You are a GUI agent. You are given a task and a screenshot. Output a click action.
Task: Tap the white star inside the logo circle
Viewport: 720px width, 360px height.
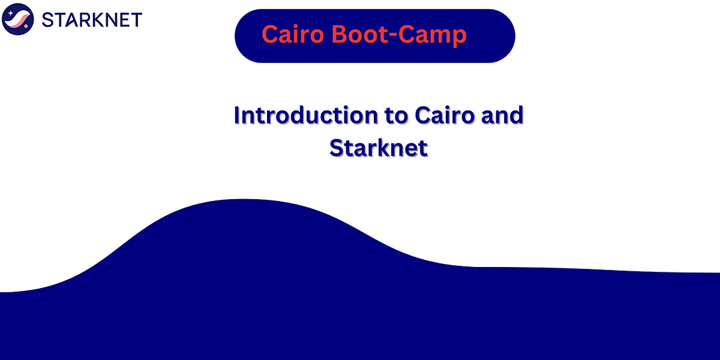pyautogui.click(x=13, y=13)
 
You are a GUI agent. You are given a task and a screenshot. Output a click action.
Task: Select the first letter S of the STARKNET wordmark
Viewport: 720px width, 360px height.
pyautogui.click(x=48, y=20)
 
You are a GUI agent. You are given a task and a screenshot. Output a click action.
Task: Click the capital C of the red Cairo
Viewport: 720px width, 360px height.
pyautogui.click(x=270, y=35)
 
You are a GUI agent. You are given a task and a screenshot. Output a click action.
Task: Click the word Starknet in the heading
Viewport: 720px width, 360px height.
pyautogui.click(x=379, y=147)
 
